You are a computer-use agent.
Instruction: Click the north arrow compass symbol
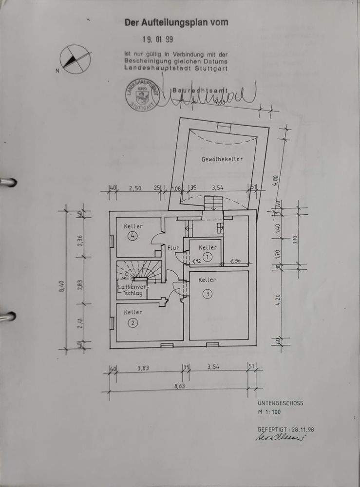coord(75,59)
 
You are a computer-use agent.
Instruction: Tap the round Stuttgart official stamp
coord(142,94)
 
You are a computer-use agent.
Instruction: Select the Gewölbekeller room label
coord(222,159)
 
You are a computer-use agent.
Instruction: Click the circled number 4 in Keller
coord(132,236)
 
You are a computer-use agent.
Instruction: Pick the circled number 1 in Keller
coord(208,256)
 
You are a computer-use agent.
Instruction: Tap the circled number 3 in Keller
coord(208,294)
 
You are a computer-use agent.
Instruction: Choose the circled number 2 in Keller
coord(132,322)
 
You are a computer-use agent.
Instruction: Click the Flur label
coord(173,248)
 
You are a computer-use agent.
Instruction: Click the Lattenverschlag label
coord(130,291)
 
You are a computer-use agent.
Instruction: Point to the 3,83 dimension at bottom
coord(143,369)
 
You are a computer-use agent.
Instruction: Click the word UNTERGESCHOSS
coord(280,403)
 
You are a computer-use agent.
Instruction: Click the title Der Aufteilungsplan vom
coord(176,22)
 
